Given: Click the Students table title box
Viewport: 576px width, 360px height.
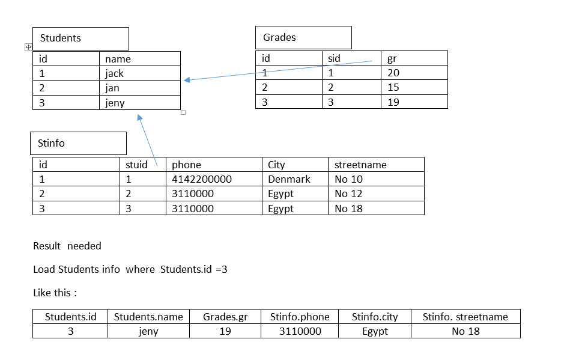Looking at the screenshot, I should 80,38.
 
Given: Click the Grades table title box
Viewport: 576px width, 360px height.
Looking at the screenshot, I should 303,37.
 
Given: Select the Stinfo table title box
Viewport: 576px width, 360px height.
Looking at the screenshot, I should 78,144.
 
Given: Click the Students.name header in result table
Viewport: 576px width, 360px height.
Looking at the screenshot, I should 148,317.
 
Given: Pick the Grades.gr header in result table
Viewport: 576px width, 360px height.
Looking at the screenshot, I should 225,317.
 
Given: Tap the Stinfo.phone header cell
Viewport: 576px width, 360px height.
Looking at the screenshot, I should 300,317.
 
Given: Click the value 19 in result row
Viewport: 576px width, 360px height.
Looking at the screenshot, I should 225,331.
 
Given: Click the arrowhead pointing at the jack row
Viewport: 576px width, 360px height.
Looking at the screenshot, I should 187,80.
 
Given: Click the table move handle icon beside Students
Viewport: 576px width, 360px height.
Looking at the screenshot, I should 28,47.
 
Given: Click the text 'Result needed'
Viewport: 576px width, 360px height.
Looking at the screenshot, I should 67,246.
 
